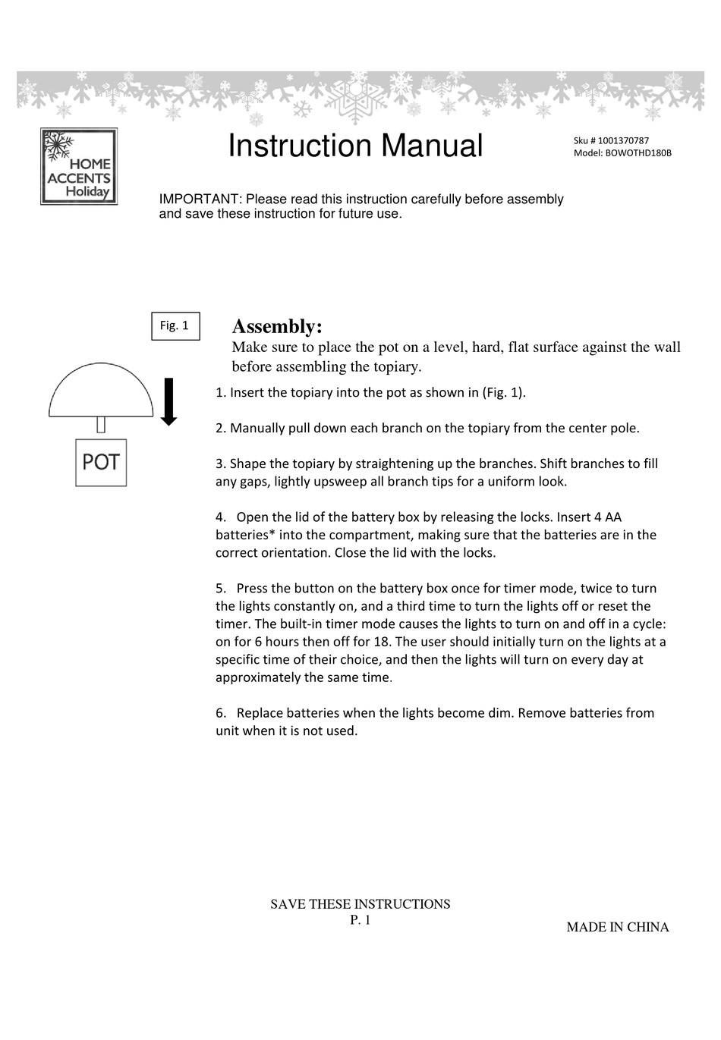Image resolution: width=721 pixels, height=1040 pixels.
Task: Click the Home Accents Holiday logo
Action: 79,166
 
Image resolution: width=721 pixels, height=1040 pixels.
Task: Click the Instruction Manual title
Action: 355,146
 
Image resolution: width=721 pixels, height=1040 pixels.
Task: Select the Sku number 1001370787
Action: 623,140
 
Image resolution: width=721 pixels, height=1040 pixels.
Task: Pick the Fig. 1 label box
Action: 175,325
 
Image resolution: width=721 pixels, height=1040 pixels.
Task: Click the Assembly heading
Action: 277,327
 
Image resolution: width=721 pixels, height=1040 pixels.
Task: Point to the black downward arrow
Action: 169,401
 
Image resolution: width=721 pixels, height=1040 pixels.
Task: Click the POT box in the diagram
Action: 101,462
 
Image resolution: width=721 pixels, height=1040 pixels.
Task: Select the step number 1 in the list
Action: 219,393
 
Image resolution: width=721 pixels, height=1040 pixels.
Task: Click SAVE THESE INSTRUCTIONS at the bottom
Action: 360,904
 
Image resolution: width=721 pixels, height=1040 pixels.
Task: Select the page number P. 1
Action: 360,920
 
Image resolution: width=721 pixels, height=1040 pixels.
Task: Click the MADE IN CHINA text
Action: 617,927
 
